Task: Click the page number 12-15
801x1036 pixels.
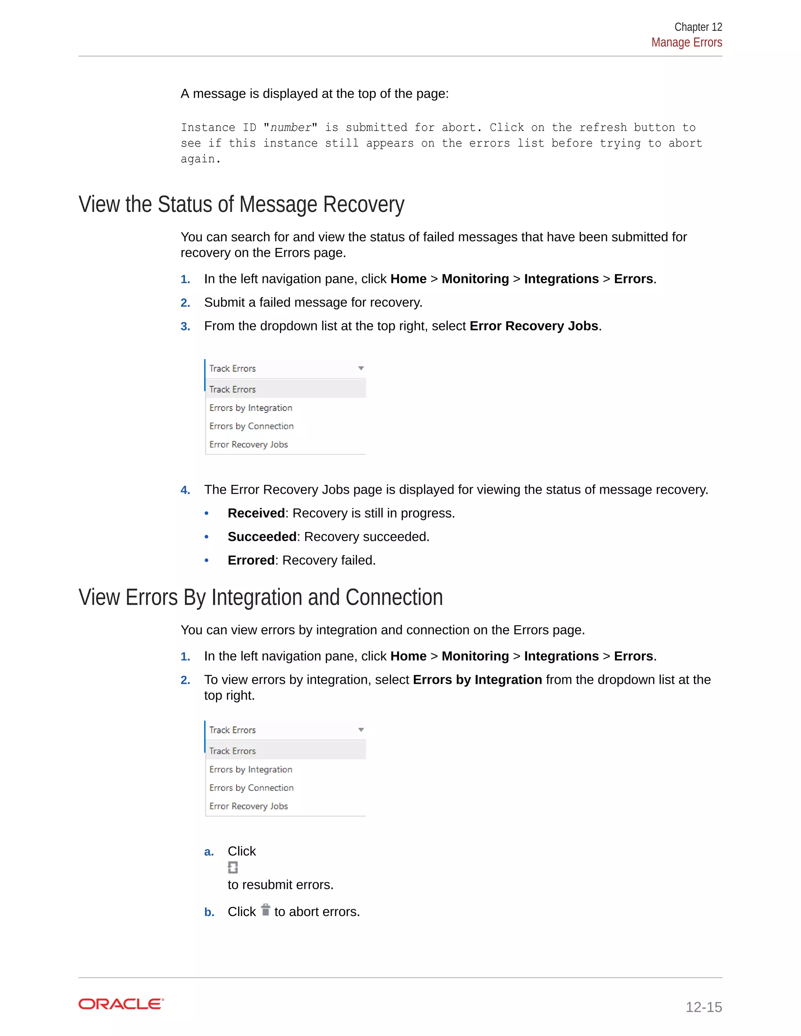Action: point(703,1007)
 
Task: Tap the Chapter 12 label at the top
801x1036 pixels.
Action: point(698,27)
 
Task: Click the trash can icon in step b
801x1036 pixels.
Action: point(266,910)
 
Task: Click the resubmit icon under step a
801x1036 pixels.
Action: point(233,868)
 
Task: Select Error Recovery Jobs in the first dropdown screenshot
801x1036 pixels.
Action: point(249,445)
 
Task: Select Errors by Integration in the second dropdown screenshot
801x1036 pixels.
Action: point(251,769)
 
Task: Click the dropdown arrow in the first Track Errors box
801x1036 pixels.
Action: point(361,369)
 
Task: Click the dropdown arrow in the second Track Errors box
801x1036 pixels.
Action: point(361,730)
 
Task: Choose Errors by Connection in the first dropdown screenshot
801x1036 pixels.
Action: point(251,426)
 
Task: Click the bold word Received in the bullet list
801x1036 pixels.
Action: point(256,513)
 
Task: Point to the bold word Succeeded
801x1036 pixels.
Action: point(262,536)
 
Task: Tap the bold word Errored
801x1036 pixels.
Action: point(251,560)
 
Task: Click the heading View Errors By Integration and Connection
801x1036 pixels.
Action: point(260,597)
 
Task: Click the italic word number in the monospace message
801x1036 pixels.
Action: point(291,127)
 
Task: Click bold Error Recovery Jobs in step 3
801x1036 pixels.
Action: point(533,326)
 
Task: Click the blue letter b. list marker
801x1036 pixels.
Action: point(209,912)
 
